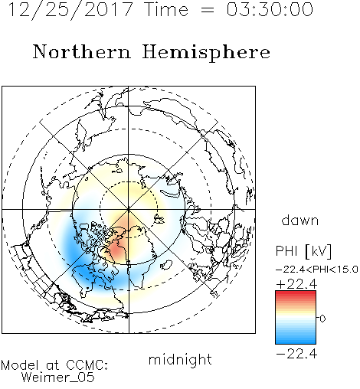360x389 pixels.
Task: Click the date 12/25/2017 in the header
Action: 70,10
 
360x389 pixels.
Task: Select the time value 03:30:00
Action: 270,9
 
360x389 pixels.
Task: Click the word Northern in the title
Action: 82,51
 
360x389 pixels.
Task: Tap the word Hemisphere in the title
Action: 206,53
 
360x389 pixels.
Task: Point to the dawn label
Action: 300,220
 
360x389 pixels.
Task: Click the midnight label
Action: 180,359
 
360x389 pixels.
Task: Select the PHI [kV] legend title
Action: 303,251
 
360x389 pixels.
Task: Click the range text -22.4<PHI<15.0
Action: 317,270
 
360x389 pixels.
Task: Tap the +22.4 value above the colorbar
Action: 296,284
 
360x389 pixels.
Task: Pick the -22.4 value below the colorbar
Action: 296,354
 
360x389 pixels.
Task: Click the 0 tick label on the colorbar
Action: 322,319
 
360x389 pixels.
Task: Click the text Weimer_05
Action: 58,378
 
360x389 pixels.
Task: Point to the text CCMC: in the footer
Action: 87,365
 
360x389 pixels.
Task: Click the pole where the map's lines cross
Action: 129,210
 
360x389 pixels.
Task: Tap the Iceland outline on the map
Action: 166,264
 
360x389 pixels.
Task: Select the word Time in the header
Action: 166,10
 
